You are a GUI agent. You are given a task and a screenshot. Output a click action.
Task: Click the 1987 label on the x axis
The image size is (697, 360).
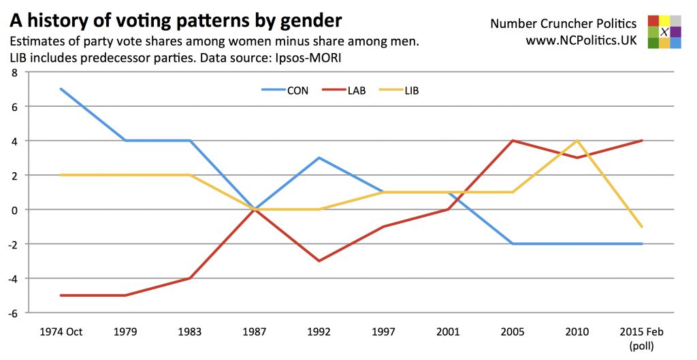click(x=255, y=332)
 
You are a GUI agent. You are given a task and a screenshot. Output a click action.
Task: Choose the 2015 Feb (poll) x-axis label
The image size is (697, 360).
click(x=642, y=338)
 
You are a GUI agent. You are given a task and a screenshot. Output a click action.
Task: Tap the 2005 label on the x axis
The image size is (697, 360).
click(x=513, y=332)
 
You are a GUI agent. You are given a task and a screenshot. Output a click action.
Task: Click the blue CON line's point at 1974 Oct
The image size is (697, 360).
click(x=61, y=88)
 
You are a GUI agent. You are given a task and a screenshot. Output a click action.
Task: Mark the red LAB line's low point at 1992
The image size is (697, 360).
click(x=319, y=261)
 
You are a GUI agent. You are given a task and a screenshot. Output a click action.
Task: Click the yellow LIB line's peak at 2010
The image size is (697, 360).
click(x=577, y=141)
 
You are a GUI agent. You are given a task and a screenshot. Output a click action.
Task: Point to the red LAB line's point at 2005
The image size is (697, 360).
click(x=513, y=141)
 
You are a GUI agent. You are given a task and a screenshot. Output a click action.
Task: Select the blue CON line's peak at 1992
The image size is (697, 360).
click(x=319, y=158)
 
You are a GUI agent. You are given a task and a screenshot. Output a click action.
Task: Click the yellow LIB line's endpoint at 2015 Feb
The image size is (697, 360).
click(x=642, y=227)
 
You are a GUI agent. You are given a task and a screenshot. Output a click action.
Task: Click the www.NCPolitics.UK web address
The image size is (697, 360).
click(x=581, y=41)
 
